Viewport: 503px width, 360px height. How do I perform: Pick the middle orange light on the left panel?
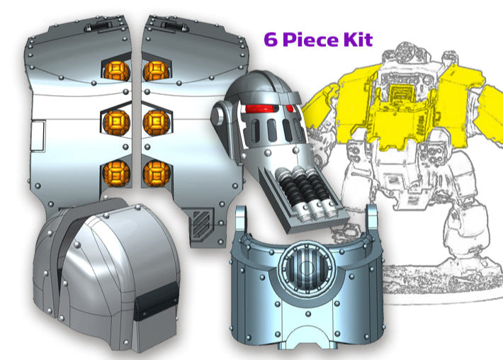click(115, 122)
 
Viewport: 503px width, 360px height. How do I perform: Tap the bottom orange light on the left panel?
click(115, 172)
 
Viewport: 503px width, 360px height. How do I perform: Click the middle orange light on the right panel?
click(154, 122)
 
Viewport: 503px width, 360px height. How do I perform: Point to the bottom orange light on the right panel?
click(154, 172)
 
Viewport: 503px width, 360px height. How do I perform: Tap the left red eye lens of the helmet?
click(254, 108)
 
